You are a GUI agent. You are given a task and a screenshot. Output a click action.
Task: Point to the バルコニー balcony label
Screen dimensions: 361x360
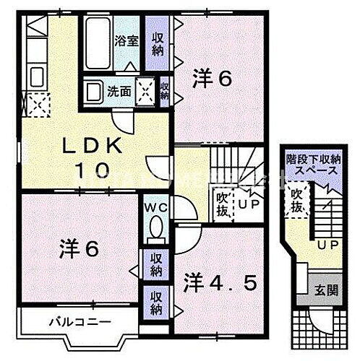(70, 320)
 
